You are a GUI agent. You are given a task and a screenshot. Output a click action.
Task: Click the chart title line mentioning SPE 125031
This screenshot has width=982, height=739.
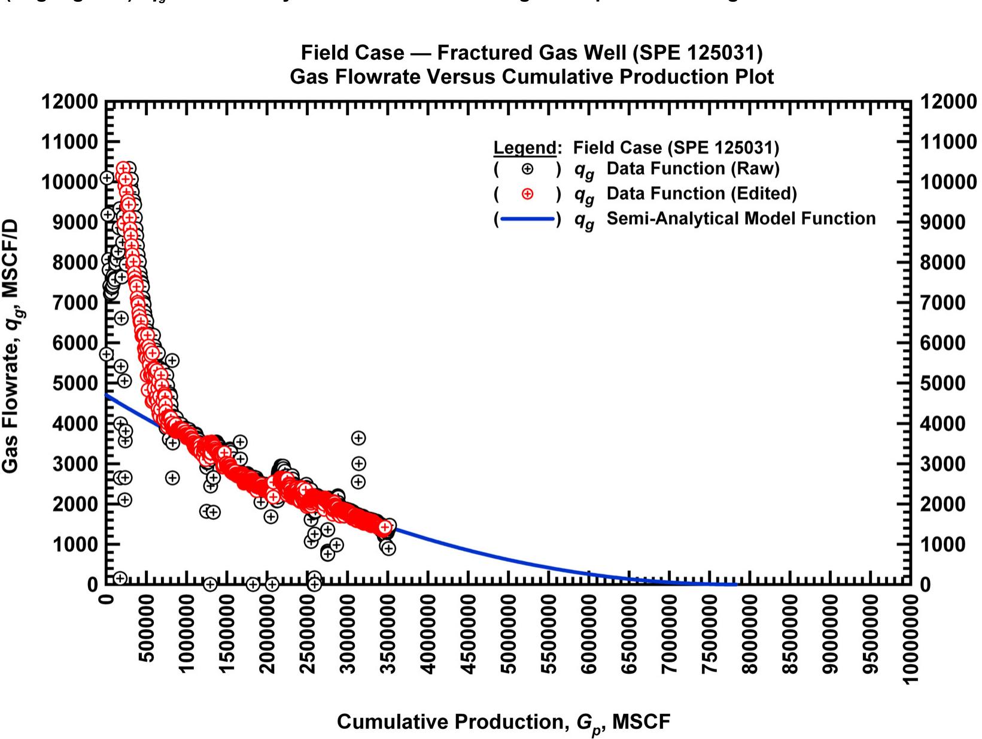[x=531, y=53]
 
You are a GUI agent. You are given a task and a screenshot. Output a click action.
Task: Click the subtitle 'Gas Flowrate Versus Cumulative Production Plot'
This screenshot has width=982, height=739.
[x=531, y=77]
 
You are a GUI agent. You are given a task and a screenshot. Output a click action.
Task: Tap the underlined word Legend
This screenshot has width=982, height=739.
[x=525, y=148]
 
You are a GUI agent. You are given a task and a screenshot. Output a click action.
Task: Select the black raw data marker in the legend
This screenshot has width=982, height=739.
[x=527, y=169]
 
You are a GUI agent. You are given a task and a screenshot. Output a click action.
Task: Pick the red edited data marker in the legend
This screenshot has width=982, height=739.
[x=527, y=194]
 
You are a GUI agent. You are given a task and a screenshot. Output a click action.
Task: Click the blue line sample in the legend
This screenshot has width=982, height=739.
[x=527, y=219]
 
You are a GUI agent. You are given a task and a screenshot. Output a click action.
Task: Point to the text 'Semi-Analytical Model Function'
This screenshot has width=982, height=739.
[x=741, y=219]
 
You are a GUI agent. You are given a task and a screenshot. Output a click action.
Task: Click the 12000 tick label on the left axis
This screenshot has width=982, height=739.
[x=69, y=102]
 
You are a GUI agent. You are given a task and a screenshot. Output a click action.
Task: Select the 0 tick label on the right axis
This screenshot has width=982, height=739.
[x=925, y=584]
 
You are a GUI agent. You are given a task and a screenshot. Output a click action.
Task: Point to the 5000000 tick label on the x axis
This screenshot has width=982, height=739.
[x=509, y=635]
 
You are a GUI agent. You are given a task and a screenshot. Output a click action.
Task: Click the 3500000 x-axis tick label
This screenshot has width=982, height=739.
[x=388, y=635]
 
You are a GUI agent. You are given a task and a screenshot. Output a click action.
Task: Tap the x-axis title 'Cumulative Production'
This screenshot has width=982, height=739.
[x=452, y=722]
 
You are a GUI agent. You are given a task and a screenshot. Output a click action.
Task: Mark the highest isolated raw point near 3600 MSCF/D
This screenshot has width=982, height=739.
[x=358, y=438]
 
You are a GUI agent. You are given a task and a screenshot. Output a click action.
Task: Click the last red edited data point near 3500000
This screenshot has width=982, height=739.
[x=385, y=527]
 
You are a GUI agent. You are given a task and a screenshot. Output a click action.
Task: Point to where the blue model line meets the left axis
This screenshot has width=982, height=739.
[x=107, y=395]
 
